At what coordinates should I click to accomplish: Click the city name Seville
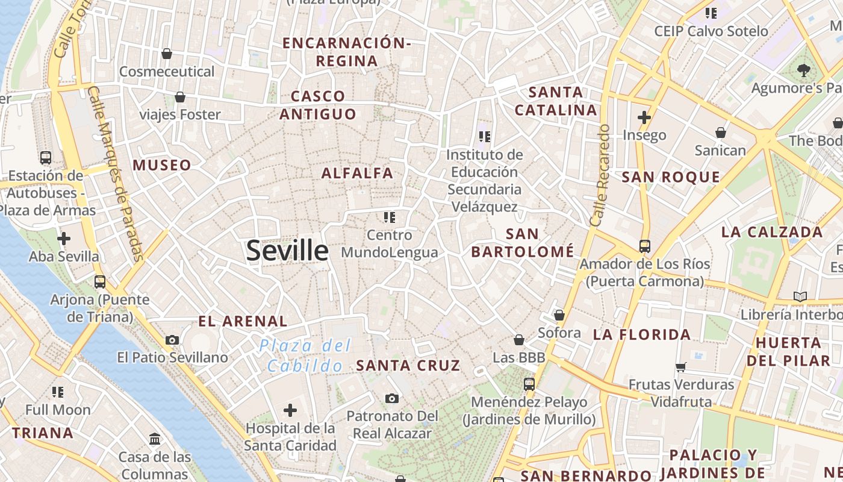point(287,250)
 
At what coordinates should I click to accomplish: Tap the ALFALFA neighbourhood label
point(357,174)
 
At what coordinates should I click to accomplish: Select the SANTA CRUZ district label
point(408,366)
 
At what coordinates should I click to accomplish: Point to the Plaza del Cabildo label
point(305,355)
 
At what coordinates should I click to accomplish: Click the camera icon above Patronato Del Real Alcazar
point(392,398)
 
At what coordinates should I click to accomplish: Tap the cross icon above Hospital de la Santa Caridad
point(290,411)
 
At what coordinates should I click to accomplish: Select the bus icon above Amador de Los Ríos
point(645,246)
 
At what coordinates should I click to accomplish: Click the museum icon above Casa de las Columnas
point(155,439)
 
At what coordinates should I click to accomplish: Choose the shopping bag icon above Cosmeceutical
point(167,54)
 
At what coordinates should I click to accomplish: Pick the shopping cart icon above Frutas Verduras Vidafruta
point(681,367)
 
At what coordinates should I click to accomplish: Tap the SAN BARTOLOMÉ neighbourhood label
point(523,243)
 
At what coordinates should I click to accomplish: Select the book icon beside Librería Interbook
point(800,296)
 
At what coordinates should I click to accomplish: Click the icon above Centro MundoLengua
point(389,217)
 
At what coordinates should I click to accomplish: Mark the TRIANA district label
point(43,433)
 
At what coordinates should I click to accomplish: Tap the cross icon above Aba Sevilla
point(64,239)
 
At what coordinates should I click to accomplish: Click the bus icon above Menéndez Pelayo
point(529,384)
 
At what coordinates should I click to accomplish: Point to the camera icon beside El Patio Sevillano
point(172,340)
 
